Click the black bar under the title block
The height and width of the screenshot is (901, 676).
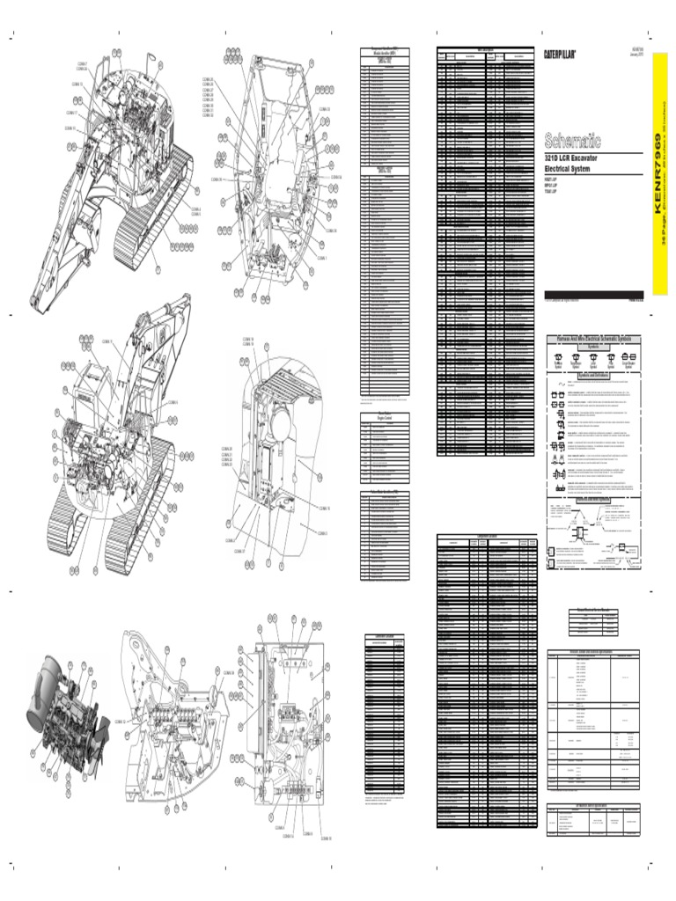click(x=595, y=295)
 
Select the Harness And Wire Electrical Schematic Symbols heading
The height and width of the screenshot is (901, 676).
click(x=594, y=339)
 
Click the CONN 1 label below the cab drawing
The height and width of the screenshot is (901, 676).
click(x=322, y=258)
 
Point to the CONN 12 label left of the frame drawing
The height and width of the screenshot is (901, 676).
click(x=121, y=721)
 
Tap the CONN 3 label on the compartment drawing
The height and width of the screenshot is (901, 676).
click(x=322, y=532)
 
